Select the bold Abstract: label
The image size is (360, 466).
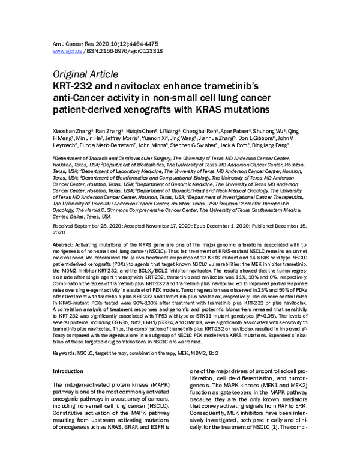click(x=64, y=246)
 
